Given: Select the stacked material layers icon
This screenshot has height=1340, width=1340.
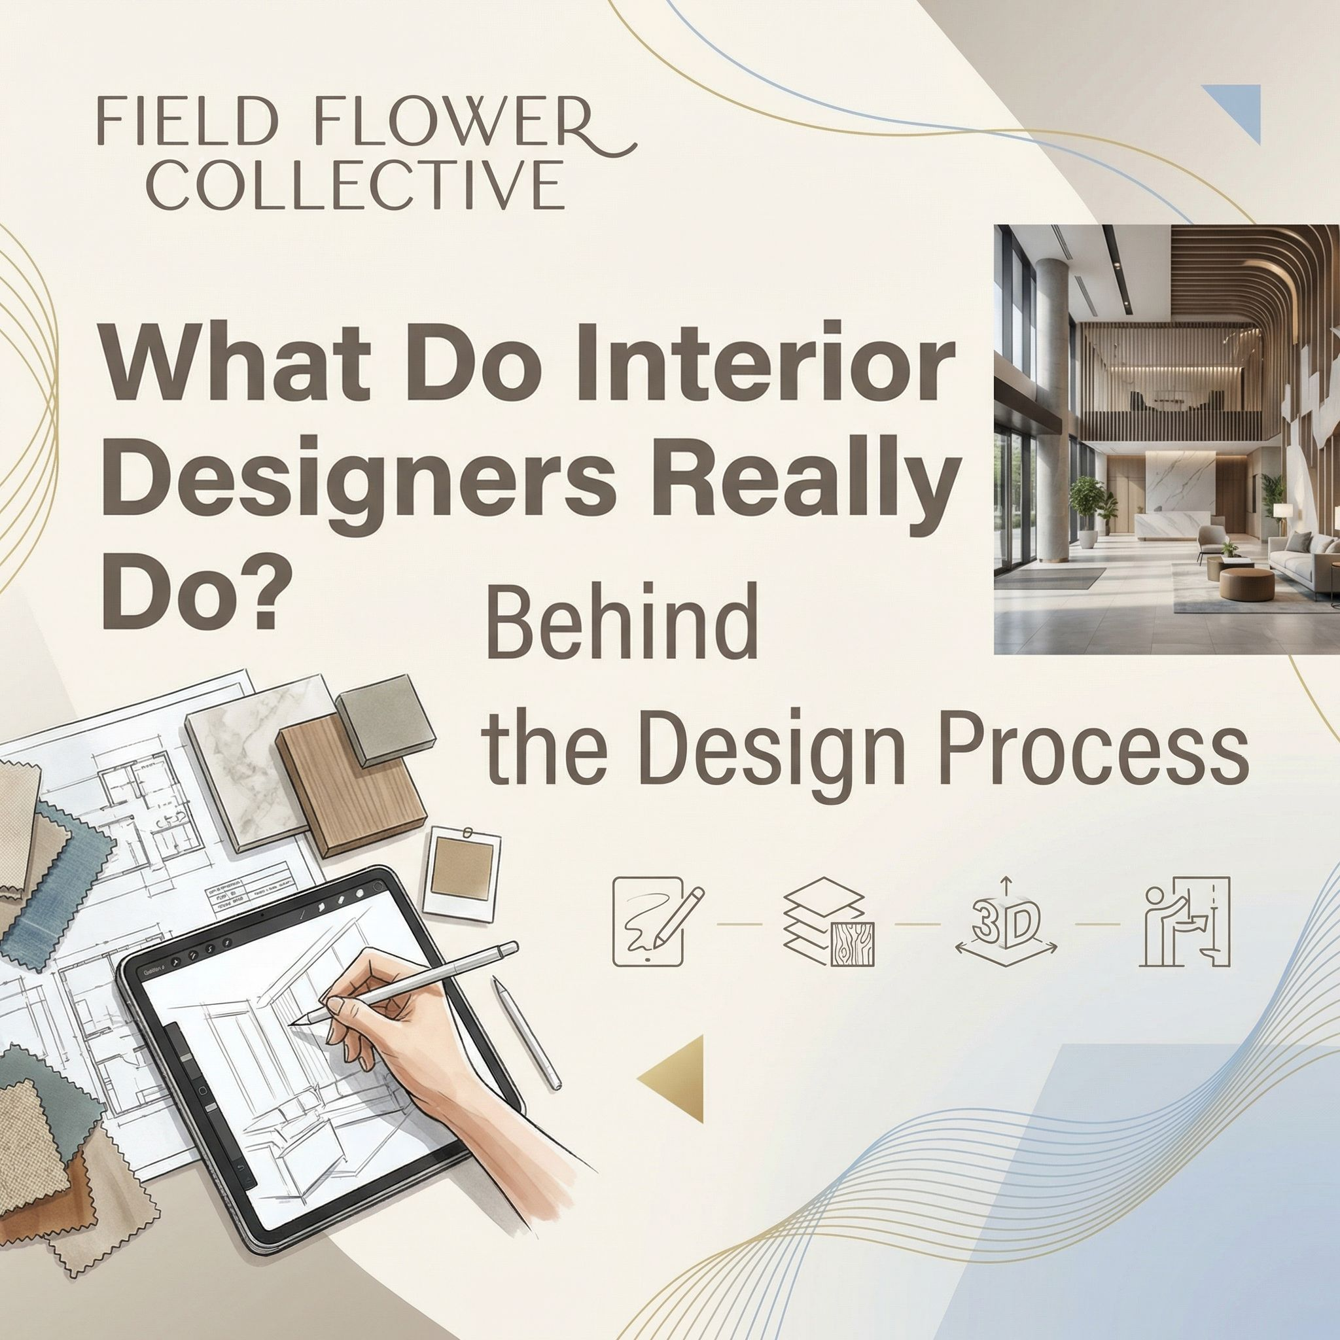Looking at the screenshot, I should point(828,923).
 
